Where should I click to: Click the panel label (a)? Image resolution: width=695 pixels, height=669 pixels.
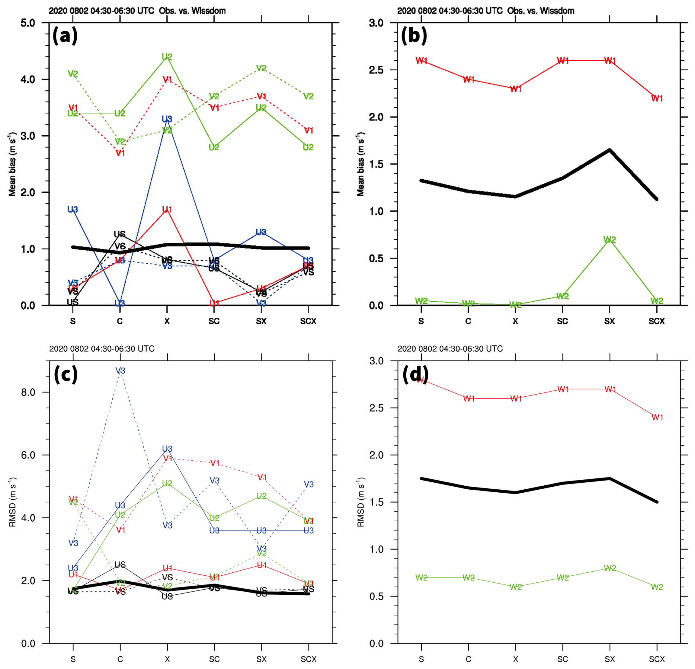pyautogui.click(x=65, y=36)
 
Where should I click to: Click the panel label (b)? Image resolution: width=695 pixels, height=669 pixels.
pyautogui.click(x=414, y=36)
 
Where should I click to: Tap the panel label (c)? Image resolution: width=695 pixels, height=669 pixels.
pyautogui.click(x=66, y=374)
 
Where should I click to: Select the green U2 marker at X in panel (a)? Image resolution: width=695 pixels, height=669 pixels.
pyautogui.click(x=167, y=57)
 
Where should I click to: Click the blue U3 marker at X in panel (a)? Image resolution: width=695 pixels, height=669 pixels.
pyautogui.click(x=167, y=119)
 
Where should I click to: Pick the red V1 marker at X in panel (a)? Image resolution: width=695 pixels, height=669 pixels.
pyautogui.click(x=168, y=79)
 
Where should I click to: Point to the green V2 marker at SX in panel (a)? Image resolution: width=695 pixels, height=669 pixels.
pyautogui.click(x=261, y=68)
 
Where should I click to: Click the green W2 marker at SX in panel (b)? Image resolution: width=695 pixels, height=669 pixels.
pyautogui.click(x=609, y=240)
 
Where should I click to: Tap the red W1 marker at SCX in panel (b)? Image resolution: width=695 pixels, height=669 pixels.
pyautogui.click(x=657, y=98)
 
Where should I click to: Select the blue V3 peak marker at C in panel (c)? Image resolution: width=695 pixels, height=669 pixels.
pyautogui.click(x=120, y=371)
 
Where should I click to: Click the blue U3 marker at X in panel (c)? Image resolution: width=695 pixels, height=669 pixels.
pyautogui.click(x=167, y=449)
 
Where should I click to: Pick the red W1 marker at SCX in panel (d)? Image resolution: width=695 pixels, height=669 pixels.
pyautogui.click(x=657, y=417)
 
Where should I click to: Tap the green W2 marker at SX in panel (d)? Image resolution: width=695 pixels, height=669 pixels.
pyautogui.click(x=610, y=568)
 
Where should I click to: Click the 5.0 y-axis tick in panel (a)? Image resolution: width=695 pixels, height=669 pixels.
pyautogui.click(x=28, y=23)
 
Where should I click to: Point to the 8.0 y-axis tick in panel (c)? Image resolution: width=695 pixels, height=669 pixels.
pyautogui.click(x=28, y=392)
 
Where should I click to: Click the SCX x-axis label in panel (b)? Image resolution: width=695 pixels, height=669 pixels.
pyautogui.click(x=656, y=321)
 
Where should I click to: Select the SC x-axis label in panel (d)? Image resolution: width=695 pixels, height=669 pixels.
pyautogui.click(x=562, y=659)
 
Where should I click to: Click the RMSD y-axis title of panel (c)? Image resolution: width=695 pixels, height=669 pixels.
pyautogui.click(x=12, y=502)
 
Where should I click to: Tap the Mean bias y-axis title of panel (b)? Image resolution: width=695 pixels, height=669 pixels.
pyautogui.click(x=361, y=164)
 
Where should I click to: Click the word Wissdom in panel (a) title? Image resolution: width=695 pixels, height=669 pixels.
pyautogui.click(x=209, y=11)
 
